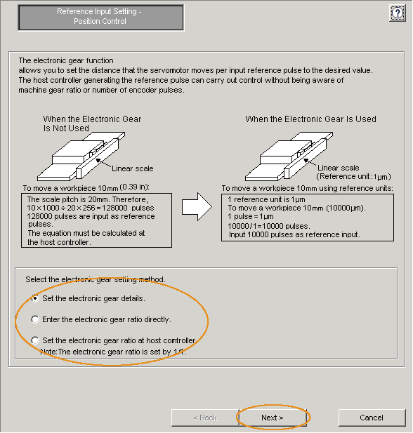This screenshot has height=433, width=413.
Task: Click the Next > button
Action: point(273,418)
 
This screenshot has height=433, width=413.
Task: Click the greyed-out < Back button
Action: point(205,418)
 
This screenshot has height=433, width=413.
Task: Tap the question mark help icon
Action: point(398,13)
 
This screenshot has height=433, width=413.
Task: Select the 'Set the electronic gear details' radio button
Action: point(35,298)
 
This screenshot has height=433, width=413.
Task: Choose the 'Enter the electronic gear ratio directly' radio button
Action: point(35,319)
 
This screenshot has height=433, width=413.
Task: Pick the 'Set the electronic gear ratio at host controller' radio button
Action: point(35,340)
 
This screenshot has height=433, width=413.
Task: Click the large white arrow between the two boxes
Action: point(197,207)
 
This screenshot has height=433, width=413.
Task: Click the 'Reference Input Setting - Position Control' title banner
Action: point(100,18)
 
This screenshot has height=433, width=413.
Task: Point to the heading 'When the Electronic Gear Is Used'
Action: point(310,119)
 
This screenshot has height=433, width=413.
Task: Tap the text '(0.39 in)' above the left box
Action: point(134,187)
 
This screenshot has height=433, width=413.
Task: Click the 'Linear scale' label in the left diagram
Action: point(133,168)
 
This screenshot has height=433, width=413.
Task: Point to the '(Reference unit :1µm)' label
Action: point(353,176)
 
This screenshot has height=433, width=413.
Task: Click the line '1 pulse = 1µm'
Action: point(251,216)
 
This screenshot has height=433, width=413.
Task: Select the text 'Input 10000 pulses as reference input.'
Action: point(294,234)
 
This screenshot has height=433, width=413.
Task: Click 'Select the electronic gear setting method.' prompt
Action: point(96,279)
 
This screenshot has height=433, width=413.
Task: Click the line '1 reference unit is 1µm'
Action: point(266,199)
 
